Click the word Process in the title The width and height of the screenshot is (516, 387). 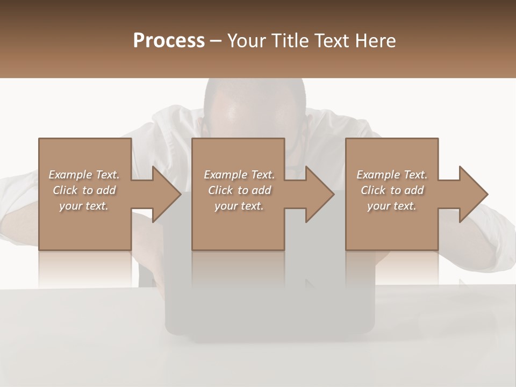click(169, 40)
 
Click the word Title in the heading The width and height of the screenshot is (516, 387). click(288, 40)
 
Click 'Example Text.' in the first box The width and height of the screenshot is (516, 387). click(84, 175)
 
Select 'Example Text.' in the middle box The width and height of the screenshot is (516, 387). click(239, 175)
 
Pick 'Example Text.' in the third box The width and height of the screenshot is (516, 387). click(392, 175)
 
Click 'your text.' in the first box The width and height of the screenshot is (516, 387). click(84, 206)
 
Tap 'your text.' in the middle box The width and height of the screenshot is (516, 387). click(239, 206)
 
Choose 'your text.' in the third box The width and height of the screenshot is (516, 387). click(392, 206)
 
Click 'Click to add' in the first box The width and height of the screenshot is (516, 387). click(84, 190)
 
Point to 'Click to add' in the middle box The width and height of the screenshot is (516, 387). click(239, 190)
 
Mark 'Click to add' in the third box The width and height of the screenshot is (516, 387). click(392, 190)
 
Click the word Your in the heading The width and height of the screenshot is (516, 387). click(246, 40)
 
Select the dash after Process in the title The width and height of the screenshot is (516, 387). click(216, 41)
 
